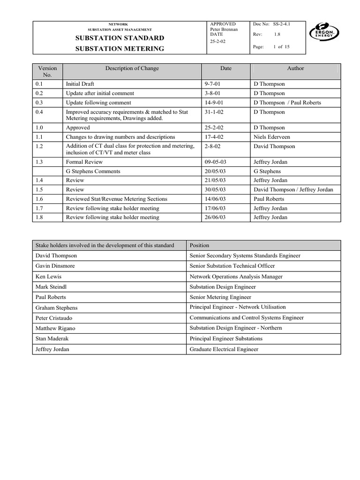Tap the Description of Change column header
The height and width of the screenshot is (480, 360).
tap(132, 68)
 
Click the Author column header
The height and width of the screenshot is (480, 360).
tap(295, 68)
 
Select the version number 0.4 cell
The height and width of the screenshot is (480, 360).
tap(39, 112)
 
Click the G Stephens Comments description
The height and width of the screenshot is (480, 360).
tap(93, 171)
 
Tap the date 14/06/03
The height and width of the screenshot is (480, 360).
tap(215, 199)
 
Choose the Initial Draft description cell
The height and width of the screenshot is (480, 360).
tap(80, 84)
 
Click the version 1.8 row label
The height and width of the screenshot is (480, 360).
tap(39, 217)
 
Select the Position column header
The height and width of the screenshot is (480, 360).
tap(199, 245)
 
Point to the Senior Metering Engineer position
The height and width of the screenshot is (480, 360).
tap(220, 297)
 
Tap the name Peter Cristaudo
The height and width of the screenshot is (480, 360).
tap(55, 318)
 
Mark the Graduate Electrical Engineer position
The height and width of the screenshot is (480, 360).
tap(224, 349)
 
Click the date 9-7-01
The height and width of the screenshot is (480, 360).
tap(212, 84)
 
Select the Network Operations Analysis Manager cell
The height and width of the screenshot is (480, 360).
tap(236, 277)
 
